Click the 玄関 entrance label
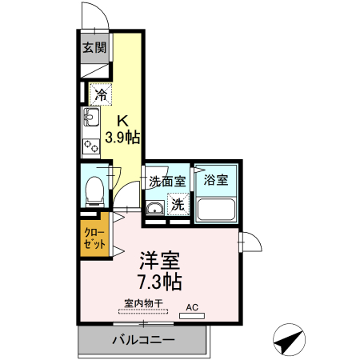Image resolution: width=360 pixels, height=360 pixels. point(94,48)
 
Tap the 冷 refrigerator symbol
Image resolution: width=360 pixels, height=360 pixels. point(100,95)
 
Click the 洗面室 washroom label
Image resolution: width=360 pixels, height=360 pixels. point(167,181)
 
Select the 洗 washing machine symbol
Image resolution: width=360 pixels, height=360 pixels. point(179,204)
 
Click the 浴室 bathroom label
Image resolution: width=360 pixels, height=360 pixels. point(216,180)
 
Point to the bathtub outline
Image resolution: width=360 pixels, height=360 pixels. point(216,210)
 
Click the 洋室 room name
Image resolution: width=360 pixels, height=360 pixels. point(160,262)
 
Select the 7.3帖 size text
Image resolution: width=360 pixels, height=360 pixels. point(160,282)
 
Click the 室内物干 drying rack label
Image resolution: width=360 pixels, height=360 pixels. point(143,303)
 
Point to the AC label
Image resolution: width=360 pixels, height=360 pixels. point(192,306)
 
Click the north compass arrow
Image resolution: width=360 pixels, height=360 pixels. point(290,341)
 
